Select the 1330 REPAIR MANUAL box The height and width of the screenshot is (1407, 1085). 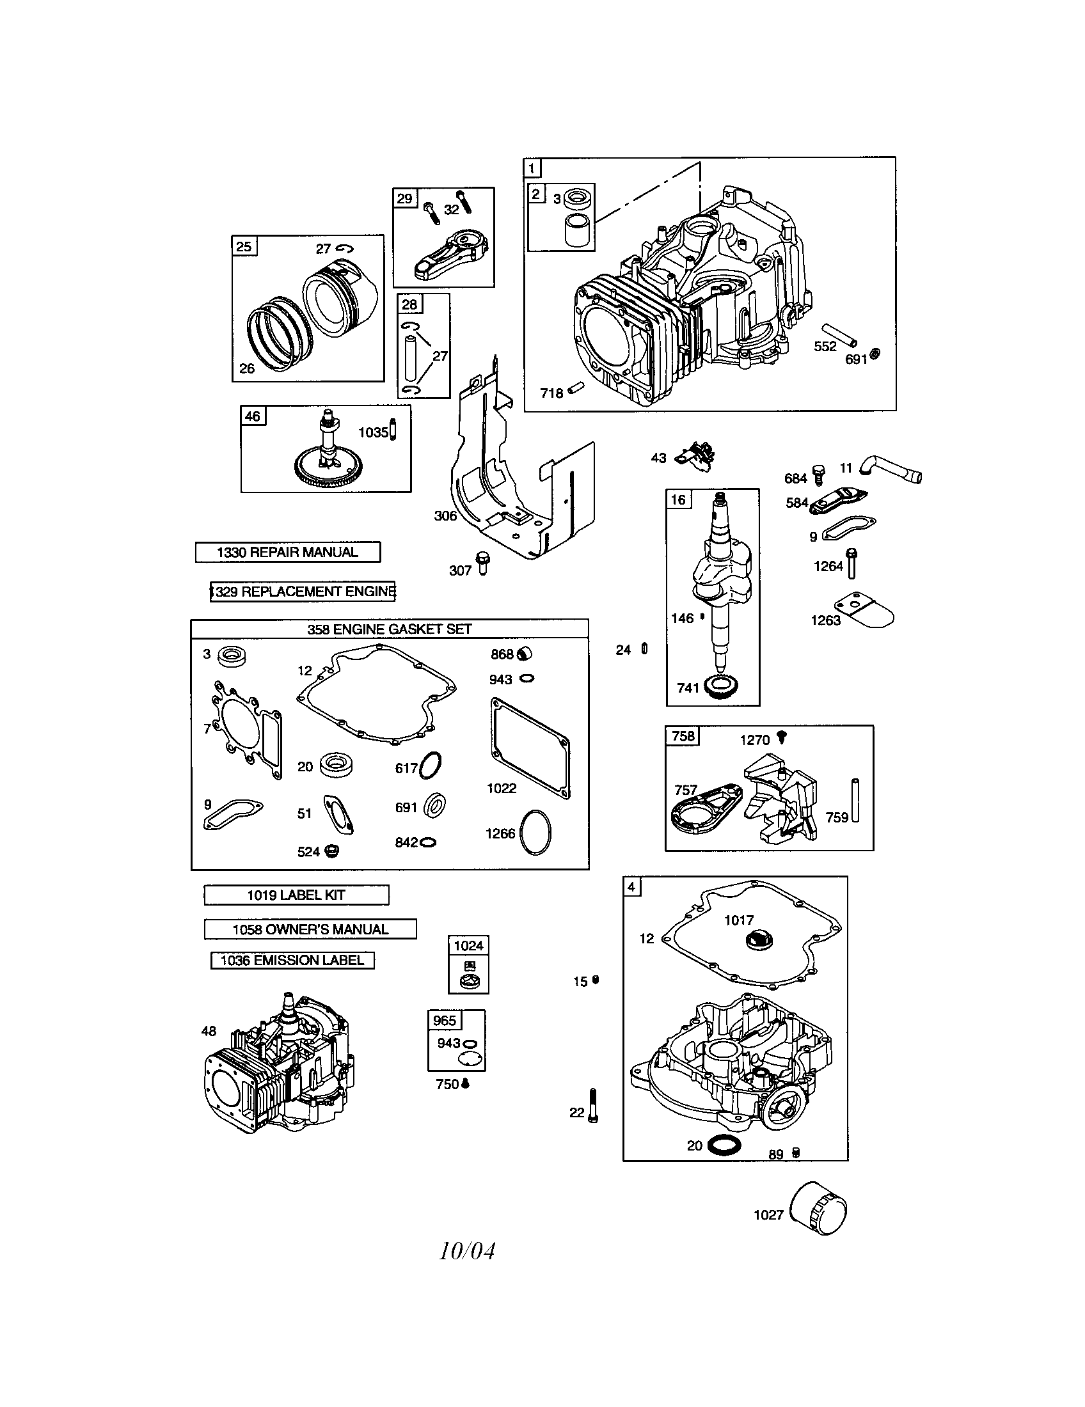click(287, 552)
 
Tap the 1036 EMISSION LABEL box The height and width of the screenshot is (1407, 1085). click(292, 960)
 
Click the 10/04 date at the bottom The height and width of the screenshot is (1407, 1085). click(467, 1251)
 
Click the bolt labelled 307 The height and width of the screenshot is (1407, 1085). click(481, 563)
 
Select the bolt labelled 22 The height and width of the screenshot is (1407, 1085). click(593, 1106)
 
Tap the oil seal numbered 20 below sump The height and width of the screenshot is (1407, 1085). click(724, 1145)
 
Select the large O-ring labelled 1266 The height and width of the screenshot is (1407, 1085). click(535, 832)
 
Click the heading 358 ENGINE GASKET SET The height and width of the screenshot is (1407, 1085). click(389, 629)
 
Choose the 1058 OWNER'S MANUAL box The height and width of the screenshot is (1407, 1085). click(310, 929)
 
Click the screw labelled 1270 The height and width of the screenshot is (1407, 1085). click(783, 737)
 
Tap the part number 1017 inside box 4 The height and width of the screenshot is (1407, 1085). click(738, 920)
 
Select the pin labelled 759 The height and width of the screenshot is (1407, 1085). click(855, 800)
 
